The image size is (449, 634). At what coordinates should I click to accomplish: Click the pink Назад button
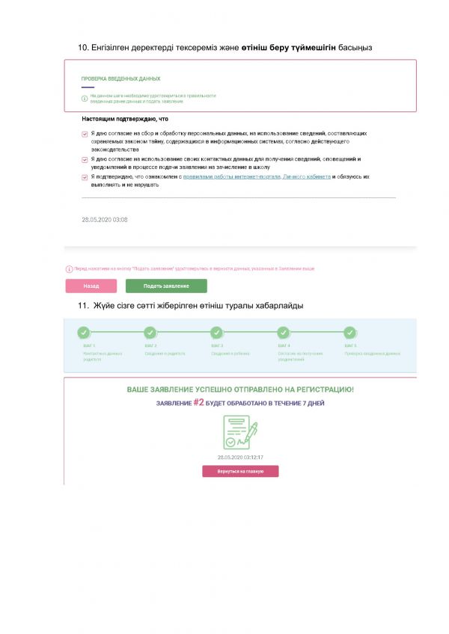(91, 286)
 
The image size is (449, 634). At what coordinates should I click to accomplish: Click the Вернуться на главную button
(240, 471)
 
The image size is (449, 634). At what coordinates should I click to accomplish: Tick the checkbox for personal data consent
(85, 134)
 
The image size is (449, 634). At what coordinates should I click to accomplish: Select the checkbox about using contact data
(85, 159)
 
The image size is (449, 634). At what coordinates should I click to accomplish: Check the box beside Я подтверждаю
(85, 177)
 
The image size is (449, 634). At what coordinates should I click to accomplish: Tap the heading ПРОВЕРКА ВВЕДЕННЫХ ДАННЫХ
(120, 79)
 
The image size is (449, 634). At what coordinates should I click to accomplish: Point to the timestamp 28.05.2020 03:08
(104, 220)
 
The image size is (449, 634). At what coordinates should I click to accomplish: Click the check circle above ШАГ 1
(83, 332)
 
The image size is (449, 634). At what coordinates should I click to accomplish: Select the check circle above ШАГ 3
(216, 332)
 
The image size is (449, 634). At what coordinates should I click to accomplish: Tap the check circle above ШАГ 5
(349, 332)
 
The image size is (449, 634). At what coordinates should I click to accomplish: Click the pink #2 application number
(198, 402)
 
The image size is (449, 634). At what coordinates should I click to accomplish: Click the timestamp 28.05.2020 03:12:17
(240, 457)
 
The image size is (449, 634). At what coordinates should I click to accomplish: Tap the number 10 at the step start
(83, 48)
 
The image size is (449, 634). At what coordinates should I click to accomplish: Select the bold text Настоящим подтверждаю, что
(124, 118)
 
